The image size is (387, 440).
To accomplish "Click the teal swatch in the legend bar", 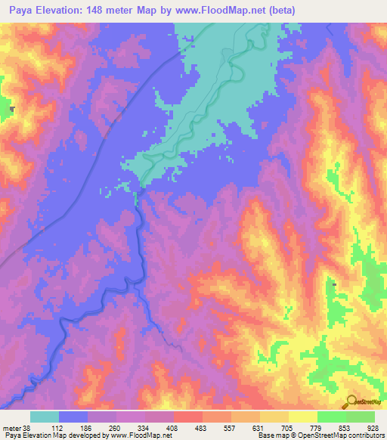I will tap(45, 417).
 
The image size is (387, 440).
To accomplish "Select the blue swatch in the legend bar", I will tap(73, 417).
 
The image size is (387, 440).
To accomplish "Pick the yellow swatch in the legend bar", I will tap(274, 417).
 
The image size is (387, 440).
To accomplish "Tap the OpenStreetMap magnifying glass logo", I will tap(350, 402).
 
